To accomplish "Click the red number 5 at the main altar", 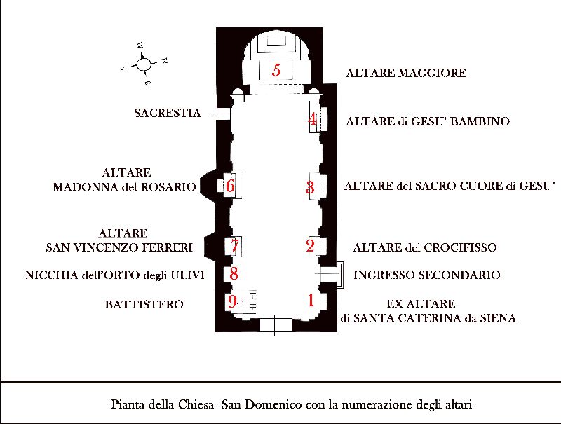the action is [x=276, y=69].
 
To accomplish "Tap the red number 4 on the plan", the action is [x=312, y=119].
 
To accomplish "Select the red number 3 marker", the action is [x=310, y=187].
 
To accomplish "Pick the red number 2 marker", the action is [x=310, y=245].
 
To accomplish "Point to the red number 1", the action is [x=311, y=300].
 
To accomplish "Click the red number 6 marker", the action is [x=230, y=186].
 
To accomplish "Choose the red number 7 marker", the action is [x=235, y=245].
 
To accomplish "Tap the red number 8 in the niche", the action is [x=234, y=274].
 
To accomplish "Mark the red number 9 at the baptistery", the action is [x=232, y=302].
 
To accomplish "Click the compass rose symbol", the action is [x=144, y=64].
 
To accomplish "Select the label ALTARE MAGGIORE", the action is [x=406, y=73].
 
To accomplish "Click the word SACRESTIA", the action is [x=168, y=113].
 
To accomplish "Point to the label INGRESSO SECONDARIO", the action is [x=427, y=275].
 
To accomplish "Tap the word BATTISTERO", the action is [x=144, y=305].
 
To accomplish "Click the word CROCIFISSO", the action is [x=460, y=247].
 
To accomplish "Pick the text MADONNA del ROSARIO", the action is [x=125, y=186].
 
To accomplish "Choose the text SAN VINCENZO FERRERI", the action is [x=119, y=247].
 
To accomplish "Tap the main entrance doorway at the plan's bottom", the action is [x=276, y=325].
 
